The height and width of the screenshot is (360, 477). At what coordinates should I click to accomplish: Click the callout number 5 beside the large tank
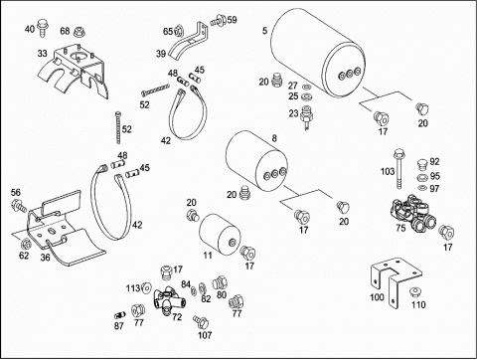pos(264,31)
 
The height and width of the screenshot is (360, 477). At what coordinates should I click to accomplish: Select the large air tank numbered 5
pos(317,53)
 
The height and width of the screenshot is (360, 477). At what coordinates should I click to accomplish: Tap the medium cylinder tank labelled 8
pos(256,161)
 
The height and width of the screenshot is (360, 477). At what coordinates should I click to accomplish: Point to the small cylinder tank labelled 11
pos(220,234)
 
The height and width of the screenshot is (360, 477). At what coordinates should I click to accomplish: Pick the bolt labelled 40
pos(42,28)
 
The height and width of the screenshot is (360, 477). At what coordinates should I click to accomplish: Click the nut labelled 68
pos(79,32)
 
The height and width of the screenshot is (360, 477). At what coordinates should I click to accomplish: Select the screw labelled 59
pos(219,20)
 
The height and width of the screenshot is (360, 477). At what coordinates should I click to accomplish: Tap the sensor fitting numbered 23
pos(306,117)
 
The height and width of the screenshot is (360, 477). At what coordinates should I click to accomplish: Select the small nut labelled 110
pos(414,292)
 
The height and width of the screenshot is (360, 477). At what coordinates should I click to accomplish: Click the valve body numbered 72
pos(169,299)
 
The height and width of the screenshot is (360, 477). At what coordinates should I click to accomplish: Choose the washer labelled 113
pos(146,288)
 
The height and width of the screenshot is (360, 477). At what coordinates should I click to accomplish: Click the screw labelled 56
pos(19,205)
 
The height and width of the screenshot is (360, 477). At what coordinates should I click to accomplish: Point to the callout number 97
pos(434,189)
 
